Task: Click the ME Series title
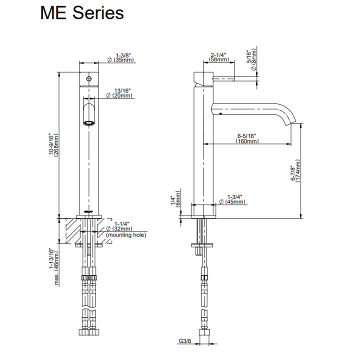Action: pos(82,13)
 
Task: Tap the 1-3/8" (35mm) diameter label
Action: pos(120,57)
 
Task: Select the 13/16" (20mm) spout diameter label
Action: pos(119,93)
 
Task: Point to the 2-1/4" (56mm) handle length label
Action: pos(219,57)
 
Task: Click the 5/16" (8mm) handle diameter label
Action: pos(251,59)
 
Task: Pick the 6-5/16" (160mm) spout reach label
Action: pos(247,138)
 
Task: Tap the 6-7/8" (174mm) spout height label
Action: pos(295,170)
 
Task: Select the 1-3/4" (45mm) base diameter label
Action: pos(232,199)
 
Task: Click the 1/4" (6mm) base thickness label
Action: pos(175,199)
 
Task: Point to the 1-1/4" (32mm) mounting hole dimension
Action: pos(119,226)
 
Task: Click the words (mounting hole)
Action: pos(126,235)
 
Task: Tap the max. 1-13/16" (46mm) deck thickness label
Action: pos(54,266)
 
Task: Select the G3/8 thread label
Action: pos(185,341)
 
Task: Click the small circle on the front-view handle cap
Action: pos(89,79)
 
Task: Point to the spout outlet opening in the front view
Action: pos(89,123)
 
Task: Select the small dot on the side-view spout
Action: pos(220,113)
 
